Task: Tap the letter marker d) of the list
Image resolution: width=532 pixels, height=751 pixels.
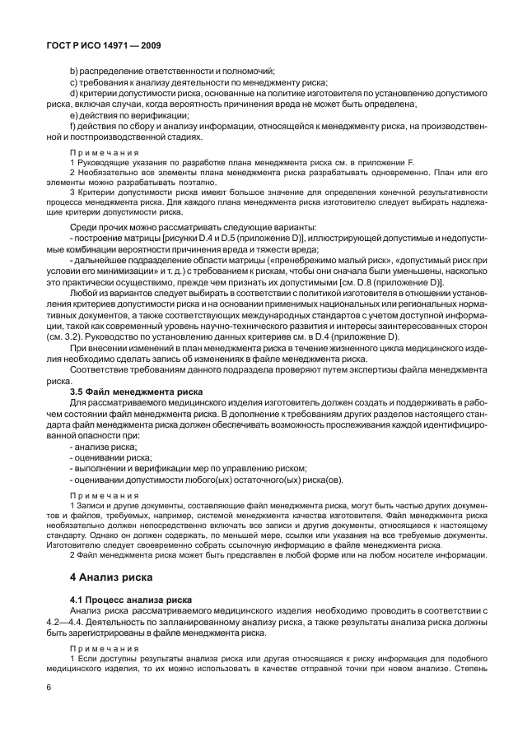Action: tap(74, 93)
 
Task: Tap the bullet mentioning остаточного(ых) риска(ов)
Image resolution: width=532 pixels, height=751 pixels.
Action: tap(206, 480)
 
